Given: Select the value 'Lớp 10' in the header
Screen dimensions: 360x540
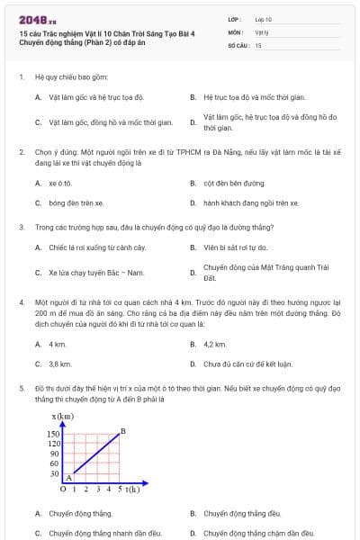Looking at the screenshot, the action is tap(263, 18).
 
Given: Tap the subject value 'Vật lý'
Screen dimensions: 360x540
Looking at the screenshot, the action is tap(261, 31).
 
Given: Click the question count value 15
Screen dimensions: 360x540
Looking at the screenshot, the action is tap(257, 44).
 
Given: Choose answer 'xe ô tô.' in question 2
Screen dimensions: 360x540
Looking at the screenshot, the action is tap(60, 183).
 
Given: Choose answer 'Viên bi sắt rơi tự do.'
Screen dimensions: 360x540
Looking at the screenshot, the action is tap(235, 247).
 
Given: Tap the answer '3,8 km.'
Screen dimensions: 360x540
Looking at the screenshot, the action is tap(59, 364).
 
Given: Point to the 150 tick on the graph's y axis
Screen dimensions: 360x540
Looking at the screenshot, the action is tap(53, 434).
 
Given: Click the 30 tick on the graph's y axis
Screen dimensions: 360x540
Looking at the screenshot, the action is tap(55, 473).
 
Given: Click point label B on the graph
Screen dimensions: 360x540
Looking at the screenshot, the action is tap(122, 431).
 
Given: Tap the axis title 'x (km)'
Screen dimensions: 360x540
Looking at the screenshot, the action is tap(63, 416).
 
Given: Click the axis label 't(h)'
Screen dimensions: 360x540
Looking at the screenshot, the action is tap(133, 490).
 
